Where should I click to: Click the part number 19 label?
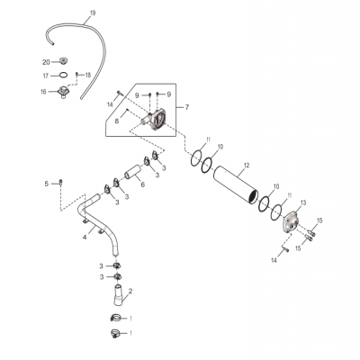pyautogui.click(x=91, y=13)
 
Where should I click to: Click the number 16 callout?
pyautogui.click(x=43, y=91)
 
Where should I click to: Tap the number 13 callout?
pyautogui.click(x=303, y=203)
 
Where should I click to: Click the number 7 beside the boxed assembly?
pyautogui.click(x=187, y=107)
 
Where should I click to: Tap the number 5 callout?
pyautogui.click(x=45, y=184)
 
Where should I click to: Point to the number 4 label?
pyautogui.click(x=84, y=237)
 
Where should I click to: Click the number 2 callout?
pyautogui.click(x=131, y=291)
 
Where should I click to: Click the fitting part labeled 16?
pyautogui.click(x=66, y=93)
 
